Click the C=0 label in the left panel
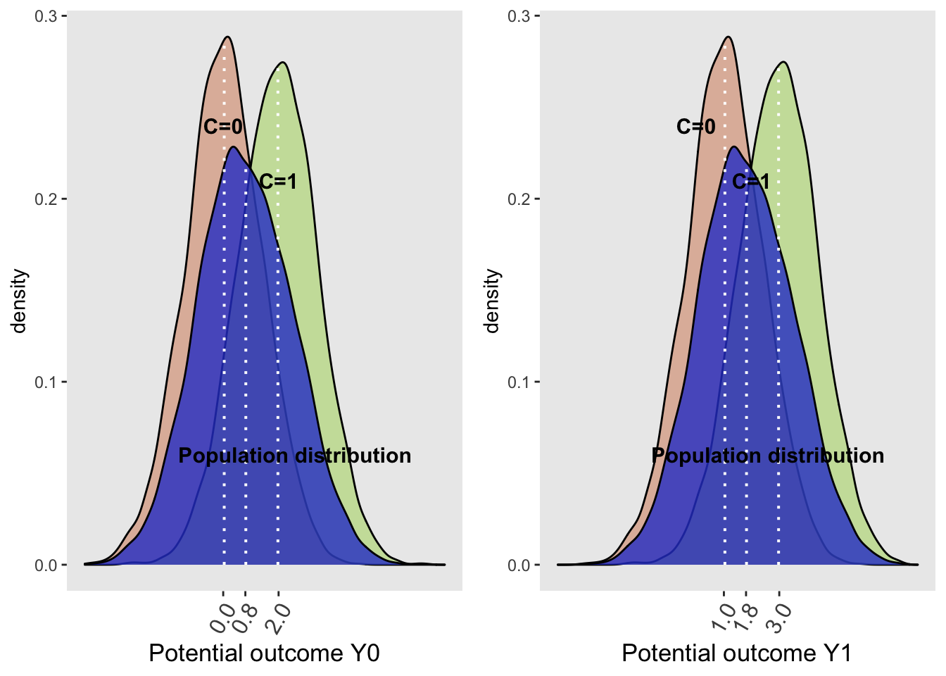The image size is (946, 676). point(222,127)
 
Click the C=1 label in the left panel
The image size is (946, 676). point(278,182)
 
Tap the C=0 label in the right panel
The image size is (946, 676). point(695,127)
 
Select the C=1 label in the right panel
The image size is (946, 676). point(751,182)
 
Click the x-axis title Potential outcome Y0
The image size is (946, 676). point(264,653)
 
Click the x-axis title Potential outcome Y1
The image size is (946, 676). point(737,653)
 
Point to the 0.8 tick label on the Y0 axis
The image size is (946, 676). point(244,617)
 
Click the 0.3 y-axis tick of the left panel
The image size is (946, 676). point(46,15)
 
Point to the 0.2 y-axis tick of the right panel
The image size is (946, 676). point(519,199)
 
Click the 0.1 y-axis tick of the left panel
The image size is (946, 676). point(46,382)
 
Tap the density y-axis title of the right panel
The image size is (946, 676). point(492,301)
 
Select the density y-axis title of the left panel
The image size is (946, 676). point(19,301)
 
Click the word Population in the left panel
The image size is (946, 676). point(233,456)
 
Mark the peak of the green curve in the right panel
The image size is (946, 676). point(783,62)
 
